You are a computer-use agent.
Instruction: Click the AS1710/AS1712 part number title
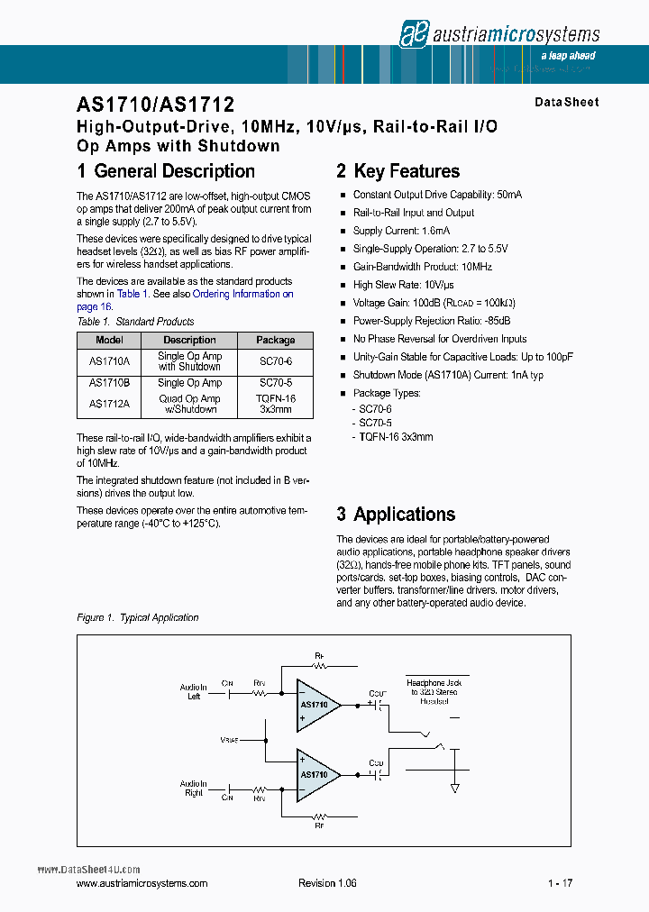[x=156, y=105]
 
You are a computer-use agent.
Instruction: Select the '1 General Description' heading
[x=166, y=171]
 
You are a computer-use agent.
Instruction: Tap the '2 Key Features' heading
[x=398, y=171]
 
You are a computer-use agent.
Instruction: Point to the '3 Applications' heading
[x=396, y=515]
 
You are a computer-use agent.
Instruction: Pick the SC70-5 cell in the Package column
[x=275, y=383]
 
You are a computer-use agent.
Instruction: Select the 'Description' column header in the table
[x=189, y=340]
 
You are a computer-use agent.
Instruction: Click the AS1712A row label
[x=109, y=404]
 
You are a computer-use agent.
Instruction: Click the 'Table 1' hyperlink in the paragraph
[x=128, y=294]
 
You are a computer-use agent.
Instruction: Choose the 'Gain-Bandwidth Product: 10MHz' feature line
[x=422, y=267]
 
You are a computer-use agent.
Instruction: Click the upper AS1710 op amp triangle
[x=316, y=705]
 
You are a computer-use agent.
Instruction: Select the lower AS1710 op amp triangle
[x=316, y=774]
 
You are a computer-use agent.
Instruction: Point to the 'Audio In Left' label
[x=193, y=692]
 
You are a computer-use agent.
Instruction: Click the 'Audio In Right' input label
[x=193, y=789]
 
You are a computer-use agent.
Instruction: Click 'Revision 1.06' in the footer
[x=327, y=883]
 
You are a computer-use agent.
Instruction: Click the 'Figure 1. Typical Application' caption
[x=138, y=617]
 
